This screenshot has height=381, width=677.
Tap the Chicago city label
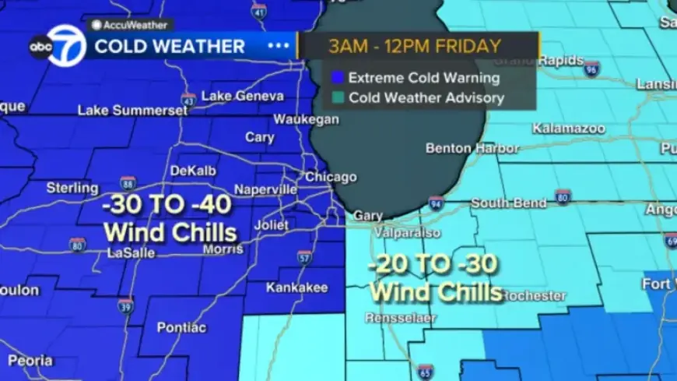coord(331,177)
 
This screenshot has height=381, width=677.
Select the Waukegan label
coord(306,119)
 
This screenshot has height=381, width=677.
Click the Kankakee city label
coord(296,288)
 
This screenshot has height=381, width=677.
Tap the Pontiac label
coord(181,327)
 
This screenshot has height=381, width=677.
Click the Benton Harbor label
coord(472,148)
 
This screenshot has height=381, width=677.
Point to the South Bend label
coord(506,203)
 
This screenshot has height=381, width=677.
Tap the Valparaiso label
coord(408,232)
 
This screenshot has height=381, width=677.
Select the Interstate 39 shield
coord(126,307)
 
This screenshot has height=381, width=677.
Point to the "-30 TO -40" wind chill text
coord(169,206)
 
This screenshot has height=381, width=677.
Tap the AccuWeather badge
coord(130,25)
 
